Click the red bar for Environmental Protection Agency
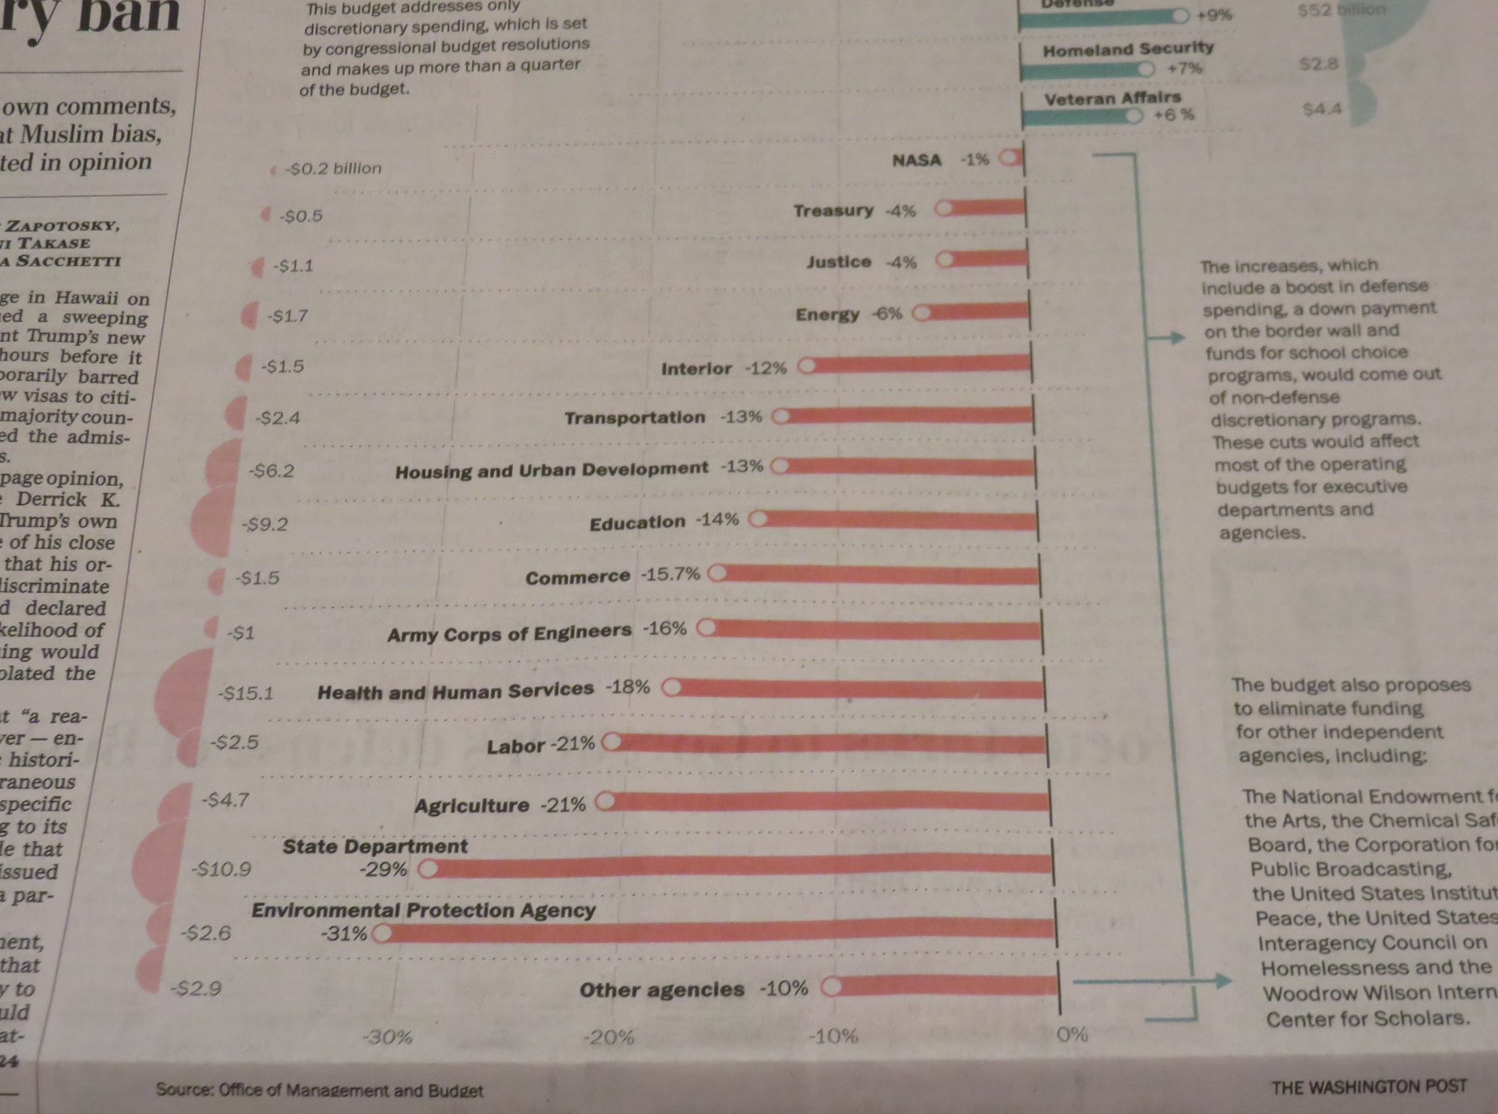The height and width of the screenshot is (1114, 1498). pos(719,931)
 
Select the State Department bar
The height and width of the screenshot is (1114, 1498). pos(742,866)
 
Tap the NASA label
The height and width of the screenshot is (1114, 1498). pos(917,160)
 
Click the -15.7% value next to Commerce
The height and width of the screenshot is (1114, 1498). pos(670,574)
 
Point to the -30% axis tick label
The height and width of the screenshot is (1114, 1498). pos(387,1037)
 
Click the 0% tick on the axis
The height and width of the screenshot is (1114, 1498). pos(1072,1034)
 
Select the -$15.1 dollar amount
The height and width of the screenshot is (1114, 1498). pos(246,693)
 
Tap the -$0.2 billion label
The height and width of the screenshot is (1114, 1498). pos(333,168)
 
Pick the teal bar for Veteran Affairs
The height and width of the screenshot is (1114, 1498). pos(1079,117)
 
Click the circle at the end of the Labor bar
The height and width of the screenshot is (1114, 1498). pos(611,742)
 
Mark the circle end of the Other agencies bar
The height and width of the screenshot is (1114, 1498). pos(831,987)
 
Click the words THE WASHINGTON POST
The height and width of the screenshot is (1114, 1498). pos(1368,1086)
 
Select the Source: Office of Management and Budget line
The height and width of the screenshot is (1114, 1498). pos(319,1090)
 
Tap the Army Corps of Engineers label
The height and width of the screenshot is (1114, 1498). pos(509,633)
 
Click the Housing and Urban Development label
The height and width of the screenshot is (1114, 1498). pos(551,470)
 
